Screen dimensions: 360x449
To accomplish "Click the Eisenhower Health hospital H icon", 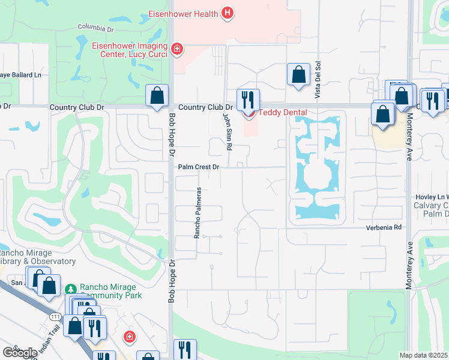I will [x=227, y=12].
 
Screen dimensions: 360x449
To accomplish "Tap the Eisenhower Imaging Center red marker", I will [x=176, y=49].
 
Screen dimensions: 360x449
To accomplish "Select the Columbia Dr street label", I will [x=95, y=28].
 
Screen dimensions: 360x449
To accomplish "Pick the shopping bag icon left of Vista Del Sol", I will [x=298, y=75].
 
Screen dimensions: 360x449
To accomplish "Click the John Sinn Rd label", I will [x=228, y=127].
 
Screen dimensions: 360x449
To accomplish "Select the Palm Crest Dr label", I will [x=199, y=167].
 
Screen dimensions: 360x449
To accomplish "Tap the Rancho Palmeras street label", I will [x=196, y=212].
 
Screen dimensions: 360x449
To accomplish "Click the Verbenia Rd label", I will [x=384, y=228].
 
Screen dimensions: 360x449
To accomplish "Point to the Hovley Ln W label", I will [x=432, y=197].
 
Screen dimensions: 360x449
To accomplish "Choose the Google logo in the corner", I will [x=19, y=353].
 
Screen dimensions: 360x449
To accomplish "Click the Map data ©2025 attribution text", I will [x=424, y=355].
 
